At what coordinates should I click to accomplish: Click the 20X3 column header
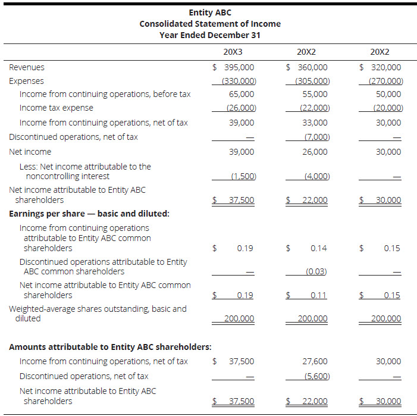(x=233, y=52)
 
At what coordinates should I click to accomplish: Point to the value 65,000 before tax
(x=242, y=94)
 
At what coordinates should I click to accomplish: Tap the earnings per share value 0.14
(x=318, y=248)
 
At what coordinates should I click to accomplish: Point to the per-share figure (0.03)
(x=316, y=271)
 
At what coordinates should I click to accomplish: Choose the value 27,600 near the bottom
(x=315, y=361)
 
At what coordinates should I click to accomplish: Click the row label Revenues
(x=27, y=67)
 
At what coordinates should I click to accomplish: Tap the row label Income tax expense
(x=57, y=108)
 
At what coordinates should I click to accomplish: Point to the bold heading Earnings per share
(x=89, y=213)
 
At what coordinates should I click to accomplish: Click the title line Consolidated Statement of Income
(x=210, y=24)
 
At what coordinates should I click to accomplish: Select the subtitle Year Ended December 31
(x=210, y=35)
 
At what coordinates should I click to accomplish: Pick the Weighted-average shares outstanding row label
(x=98, y=314)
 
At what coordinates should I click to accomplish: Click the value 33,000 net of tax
(x=315, y=123)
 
